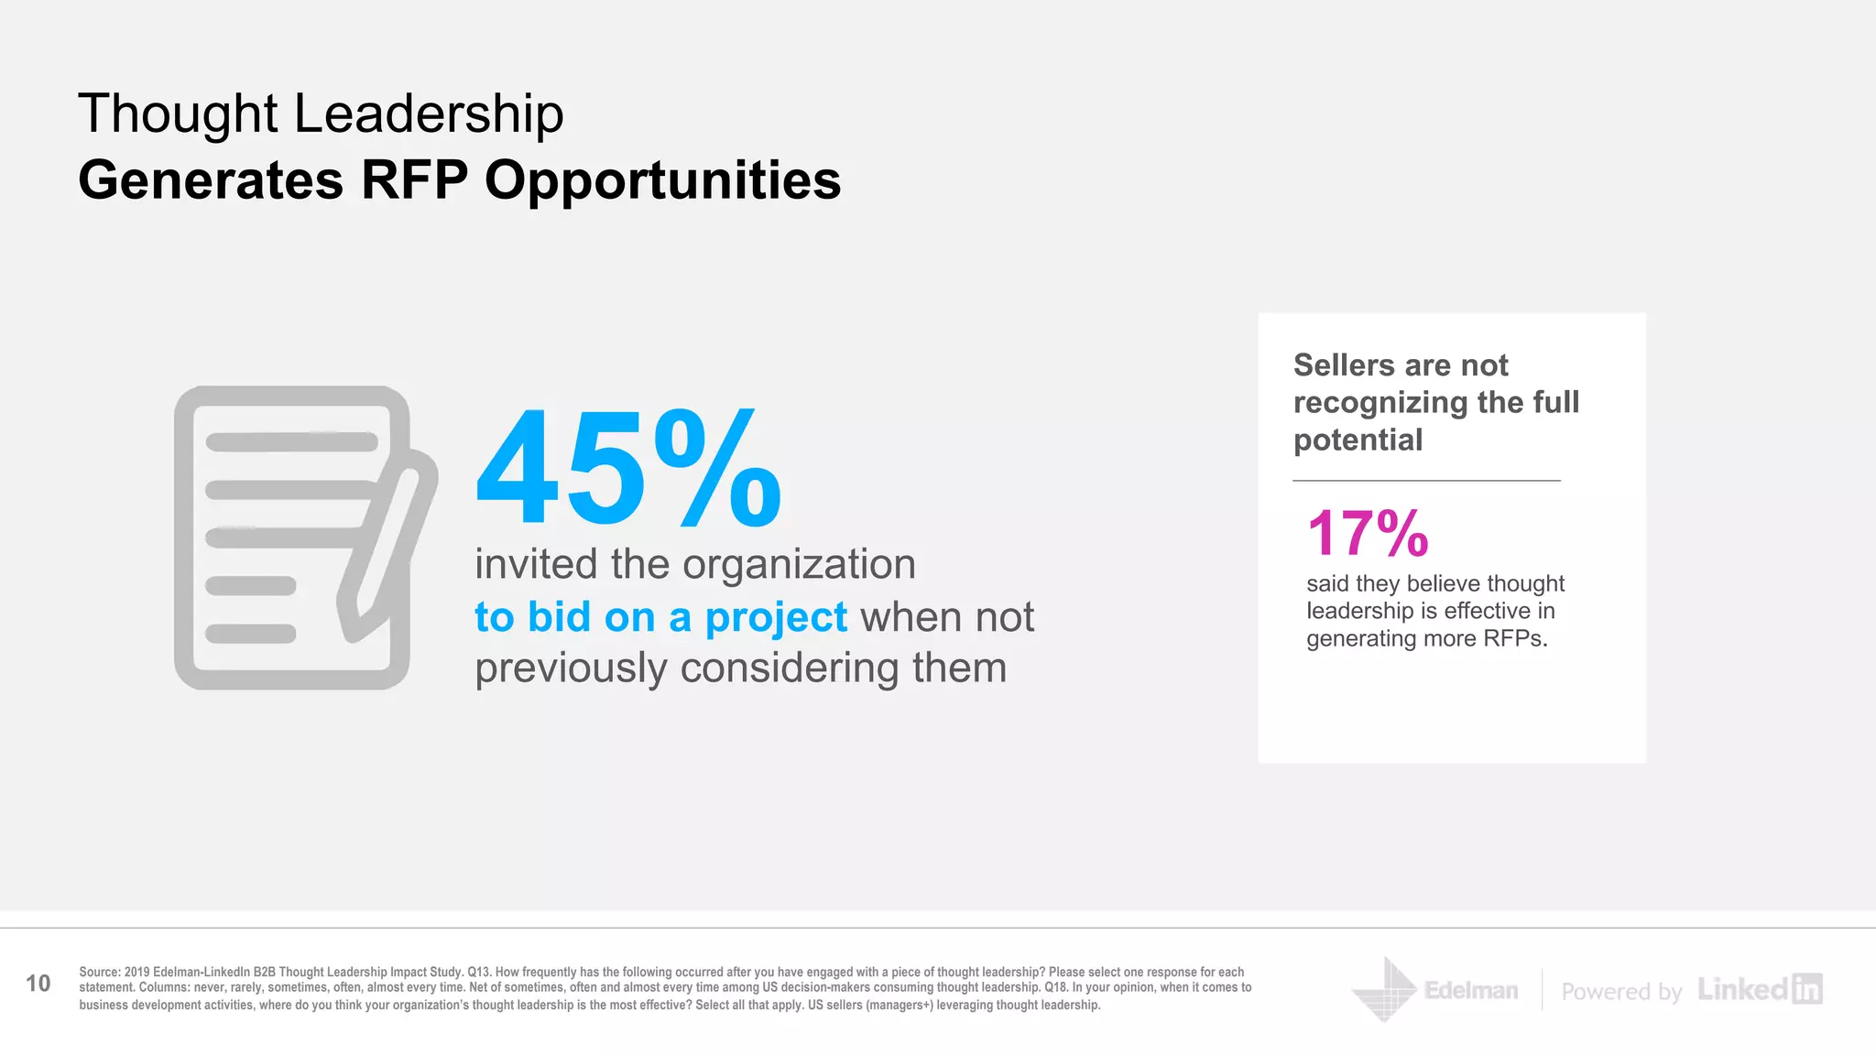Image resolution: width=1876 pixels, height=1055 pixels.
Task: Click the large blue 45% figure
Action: point(628,469)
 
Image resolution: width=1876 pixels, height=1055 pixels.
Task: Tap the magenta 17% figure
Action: point(1367,533)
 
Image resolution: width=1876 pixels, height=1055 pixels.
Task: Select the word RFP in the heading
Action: point(414,179)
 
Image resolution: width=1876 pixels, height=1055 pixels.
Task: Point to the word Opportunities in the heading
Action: point(662,179)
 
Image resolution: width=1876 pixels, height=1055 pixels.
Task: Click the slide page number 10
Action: point(38,984)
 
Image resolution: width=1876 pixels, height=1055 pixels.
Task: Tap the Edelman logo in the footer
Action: point(1435,990)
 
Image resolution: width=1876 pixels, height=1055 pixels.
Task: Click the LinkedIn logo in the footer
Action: point(1759,989)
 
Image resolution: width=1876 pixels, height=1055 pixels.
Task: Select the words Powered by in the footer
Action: point(1621,992)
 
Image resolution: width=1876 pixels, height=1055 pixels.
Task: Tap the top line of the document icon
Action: point(291,442)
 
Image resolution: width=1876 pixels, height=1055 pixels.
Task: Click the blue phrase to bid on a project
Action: point(660,617)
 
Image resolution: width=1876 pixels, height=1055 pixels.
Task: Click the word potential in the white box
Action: point(1358,440)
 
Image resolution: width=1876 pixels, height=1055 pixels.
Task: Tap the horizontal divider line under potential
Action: point(1426,480)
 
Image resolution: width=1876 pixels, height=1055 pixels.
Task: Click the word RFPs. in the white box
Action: point(1515,638)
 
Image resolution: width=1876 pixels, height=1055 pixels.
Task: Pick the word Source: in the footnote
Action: point(100,972)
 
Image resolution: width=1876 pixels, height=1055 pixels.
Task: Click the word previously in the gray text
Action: point(572,668)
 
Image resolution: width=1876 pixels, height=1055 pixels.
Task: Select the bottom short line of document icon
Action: point(250,633)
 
